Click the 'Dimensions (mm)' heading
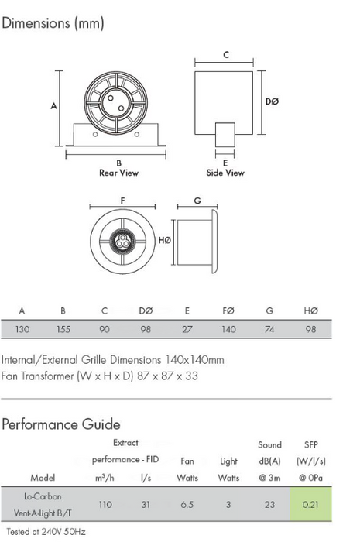[x=53, y=23]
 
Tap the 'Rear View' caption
[x=119, y=173]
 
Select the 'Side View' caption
[x=225, y=173]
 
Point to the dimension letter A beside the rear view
[x=53, y=106]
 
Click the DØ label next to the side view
[x=272, y=101]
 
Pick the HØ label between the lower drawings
[x=164, y=240]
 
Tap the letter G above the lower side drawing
[x=197, y=201]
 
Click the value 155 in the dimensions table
[x=63, y=329]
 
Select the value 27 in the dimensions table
[x=187, y=329]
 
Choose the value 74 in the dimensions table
[x=269, y=329]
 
